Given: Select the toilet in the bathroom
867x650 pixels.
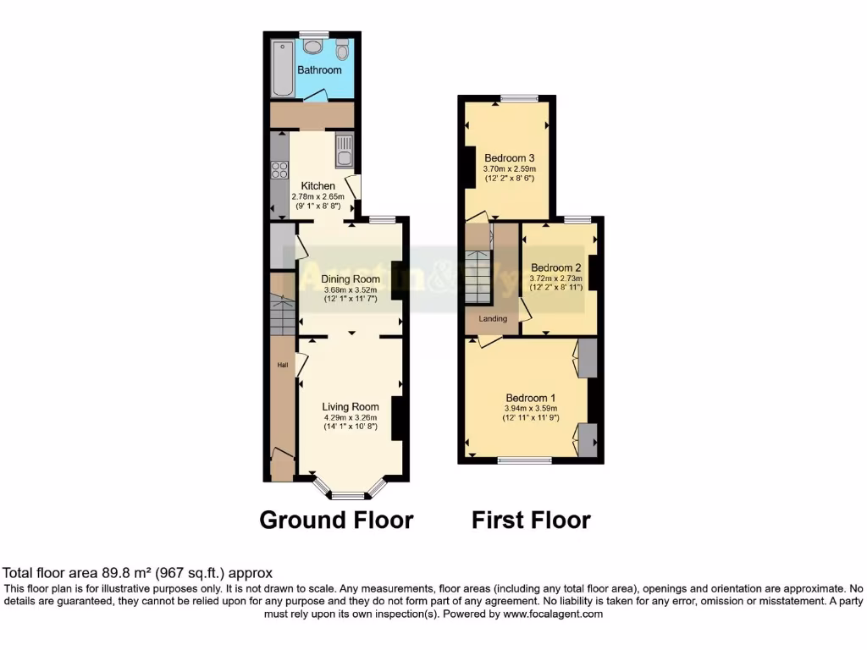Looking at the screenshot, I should (342, 48).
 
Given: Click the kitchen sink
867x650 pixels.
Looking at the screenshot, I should (343, 152).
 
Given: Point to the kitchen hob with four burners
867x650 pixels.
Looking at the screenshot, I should (279, 168).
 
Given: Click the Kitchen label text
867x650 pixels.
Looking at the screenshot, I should (318, 186).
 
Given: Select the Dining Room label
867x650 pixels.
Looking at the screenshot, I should (351, 278).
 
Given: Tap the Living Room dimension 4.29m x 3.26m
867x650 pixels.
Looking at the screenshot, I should (351, 417).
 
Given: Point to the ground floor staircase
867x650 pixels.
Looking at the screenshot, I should (281, 313).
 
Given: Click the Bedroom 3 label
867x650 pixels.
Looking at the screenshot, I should (509, 157).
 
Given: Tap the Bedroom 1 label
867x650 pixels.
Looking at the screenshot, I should (530, 398).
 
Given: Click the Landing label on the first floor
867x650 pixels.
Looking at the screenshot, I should (493, 319).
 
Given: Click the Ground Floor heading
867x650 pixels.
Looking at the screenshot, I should (336, 520).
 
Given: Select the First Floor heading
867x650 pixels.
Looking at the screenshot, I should (531, 520).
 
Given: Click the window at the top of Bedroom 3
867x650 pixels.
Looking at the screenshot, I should (518, 98).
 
